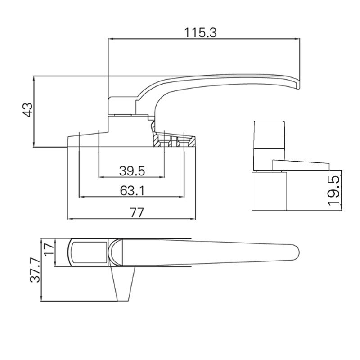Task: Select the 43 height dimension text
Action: pyautogui.click(x=27, y=110)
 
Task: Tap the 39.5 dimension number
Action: pyautogui.click(x=131, y=171)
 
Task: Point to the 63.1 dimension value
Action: pyautogui.click(x=132, y=191)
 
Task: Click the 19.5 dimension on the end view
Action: pyautogui.click(x=333, y=191)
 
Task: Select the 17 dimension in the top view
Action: pyautogui.click(x=49, y=249)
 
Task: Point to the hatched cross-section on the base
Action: pyautogui.click(x=175, y=140)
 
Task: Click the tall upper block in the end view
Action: pyautogui.click(x=269, y=139)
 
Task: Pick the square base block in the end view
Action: pyautogui.click(x=269, y=191)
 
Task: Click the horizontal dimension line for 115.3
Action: pyautogui.click(x=203, y=39)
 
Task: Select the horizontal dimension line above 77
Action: pyautogui.click(x=132, y=220)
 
